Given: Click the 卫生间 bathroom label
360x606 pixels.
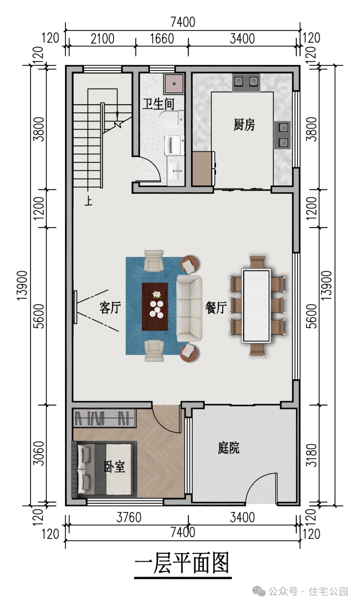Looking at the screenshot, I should coord(158,104).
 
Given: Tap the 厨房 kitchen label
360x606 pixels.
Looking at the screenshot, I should coord(244,125).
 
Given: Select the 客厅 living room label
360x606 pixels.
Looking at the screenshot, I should coord(110,307).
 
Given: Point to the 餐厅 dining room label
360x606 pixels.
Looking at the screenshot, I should coord(216,307).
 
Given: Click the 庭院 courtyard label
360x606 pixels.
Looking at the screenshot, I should coord(228,447).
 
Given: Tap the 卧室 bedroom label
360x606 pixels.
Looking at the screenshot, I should coord(114,466).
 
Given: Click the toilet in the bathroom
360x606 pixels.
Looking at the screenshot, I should coord(172,119).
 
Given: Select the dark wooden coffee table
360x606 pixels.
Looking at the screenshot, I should coord(155,306).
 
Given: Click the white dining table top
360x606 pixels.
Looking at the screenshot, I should coord(256,306).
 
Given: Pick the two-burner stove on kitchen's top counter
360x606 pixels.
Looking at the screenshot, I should coord(246,82).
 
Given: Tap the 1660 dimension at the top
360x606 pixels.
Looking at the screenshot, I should coord(162,39).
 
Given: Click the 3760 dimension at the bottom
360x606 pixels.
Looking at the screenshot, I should coord(129,517).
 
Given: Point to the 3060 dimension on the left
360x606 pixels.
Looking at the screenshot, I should coord(39,453).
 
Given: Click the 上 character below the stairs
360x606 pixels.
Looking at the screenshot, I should coord(88,201).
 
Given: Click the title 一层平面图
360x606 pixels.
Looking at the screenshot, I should coord(182,563).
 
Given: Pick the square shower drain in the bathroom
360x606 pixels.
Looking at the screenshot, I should coord(174,84).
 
